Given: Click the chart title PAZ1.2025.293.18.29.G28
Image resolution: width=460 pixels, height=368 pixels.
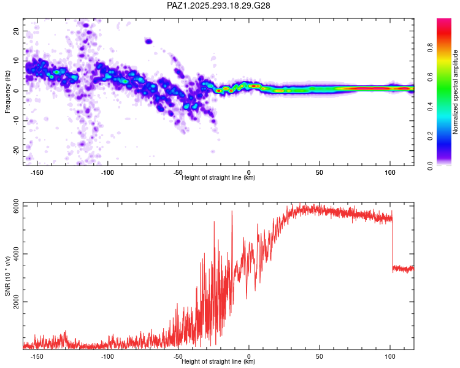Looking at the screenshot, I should pos(219,6).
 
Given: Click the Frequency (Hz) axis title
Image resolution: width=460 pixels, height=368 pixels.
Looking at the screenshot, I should pos(8,91).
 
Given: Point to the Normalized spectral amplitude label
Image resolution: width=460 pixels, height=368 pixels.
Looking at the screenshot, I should pos(456,92).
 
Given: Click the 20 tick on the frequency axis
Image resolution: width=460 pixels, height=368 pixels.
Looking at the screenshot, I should pos(17,31).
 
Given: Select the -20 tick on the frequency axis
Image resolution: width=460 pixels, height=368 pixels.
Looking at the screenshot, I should pos(15,150).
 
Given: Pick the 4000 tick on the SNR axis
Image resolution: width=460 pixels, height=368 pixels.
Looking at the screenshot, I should pos(13,254).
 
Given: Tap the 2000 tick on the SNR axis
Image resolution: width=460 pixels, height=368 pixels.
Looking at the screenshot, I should pos(13,302).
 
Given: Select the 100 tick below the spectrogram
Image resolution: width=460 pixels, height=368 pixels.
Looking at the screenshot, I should pos(390,172).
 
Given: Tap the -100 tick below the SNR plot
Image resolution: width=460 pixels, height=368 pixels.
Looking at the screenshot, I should pos(107,356).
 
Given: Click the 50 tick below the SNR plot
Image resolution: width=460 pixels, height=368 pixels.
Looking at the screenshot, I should pos(320,356).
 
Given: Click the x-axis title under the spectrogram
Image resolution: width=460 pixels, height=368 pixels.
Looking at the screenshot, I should pos(218,178).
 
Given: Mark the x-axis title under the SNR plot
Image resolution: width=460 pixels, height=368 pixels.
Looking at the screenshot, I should pos(218,361).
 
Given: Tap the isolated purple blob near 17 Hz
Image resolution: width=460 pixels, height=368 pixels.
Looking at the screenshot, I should pos(148,41).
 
